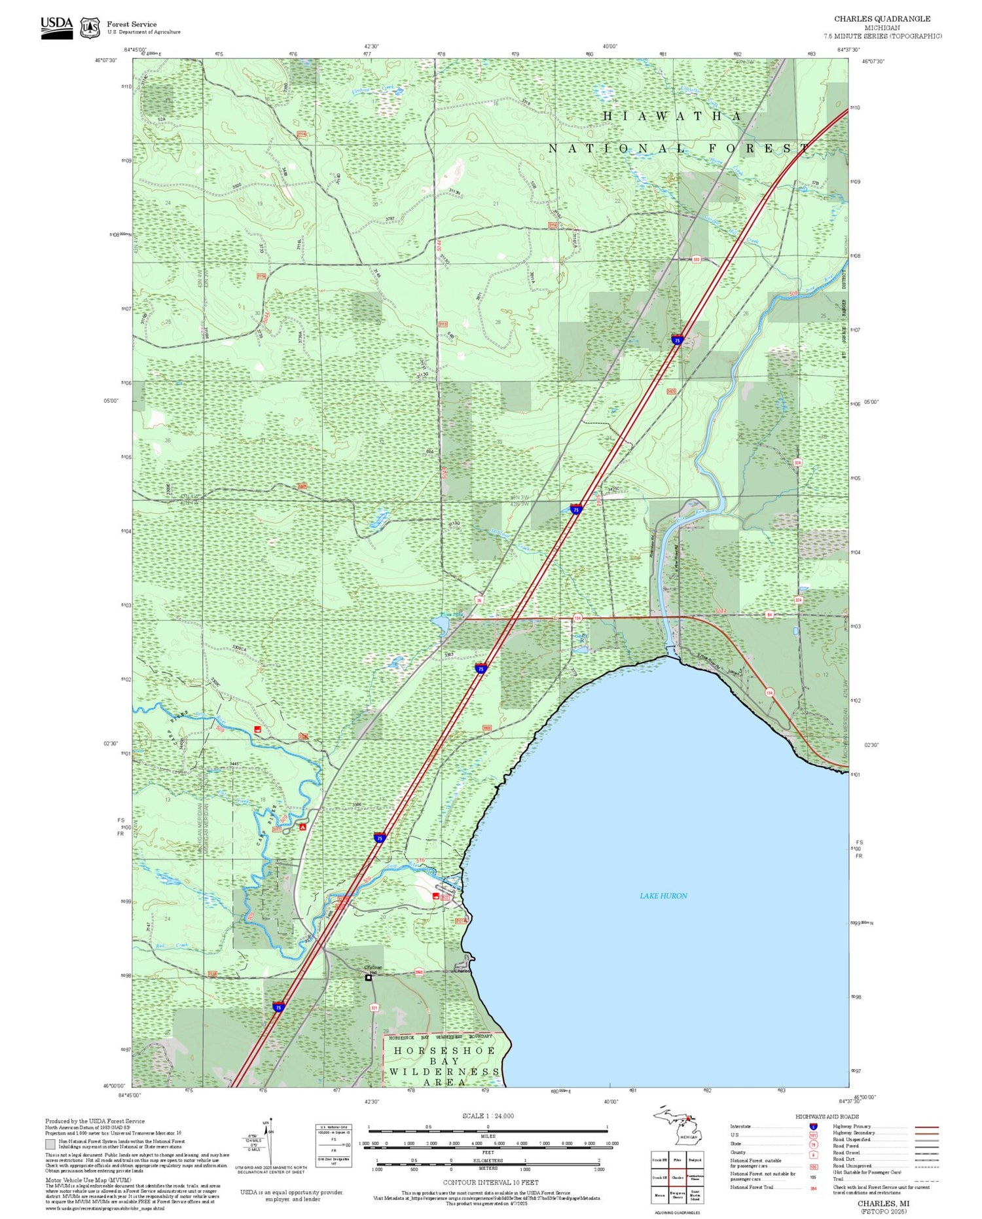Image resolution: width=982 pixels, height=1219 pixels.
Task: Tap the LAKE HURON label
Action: click(x=663, y=896)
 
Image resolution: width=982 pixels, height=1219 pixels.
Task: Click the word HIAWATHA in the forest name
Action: click(x=672, y=116)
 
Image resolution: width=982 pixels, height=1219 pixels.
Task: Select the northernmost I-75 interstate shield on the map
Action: click(x=677, y=340)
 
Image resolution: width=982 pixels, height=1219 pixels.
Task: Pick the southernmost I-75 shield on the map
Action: click(x=278, y=1007)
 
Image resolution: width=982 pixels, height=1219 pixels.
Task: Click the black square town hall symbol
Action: click(x=369, y=977)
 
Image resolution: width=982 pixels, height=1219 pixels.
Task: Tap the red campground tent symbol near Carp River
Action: click(x=302, y=828)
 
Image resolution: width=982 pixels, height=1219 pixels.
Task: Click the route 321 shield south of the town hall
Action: click(x=374, y=1008)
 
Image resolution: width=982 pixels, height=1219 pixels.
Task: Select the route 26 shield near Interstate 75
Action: click(x=479, y=600)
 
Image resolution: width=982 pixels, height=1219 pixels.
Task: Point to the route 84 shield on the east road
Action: click(x=770, y=615)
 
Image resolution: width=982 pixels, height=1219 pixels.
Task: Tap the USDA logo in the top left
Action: click(x=57, y=27)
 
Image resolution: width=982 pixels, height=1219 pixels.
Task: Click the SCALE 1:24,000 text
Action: click(x=488, y=1116)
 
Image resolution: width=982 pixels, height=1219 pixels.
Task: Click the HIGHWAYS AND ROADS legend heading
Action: click(x=827, y=1116)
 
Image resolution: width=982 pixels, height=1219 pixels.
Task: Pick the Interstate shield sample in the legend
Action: click(x=813, y=1127)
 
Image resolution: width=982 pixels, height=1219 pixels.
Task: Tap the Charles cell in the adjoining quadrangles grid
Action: click(x=677, y=1177)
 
